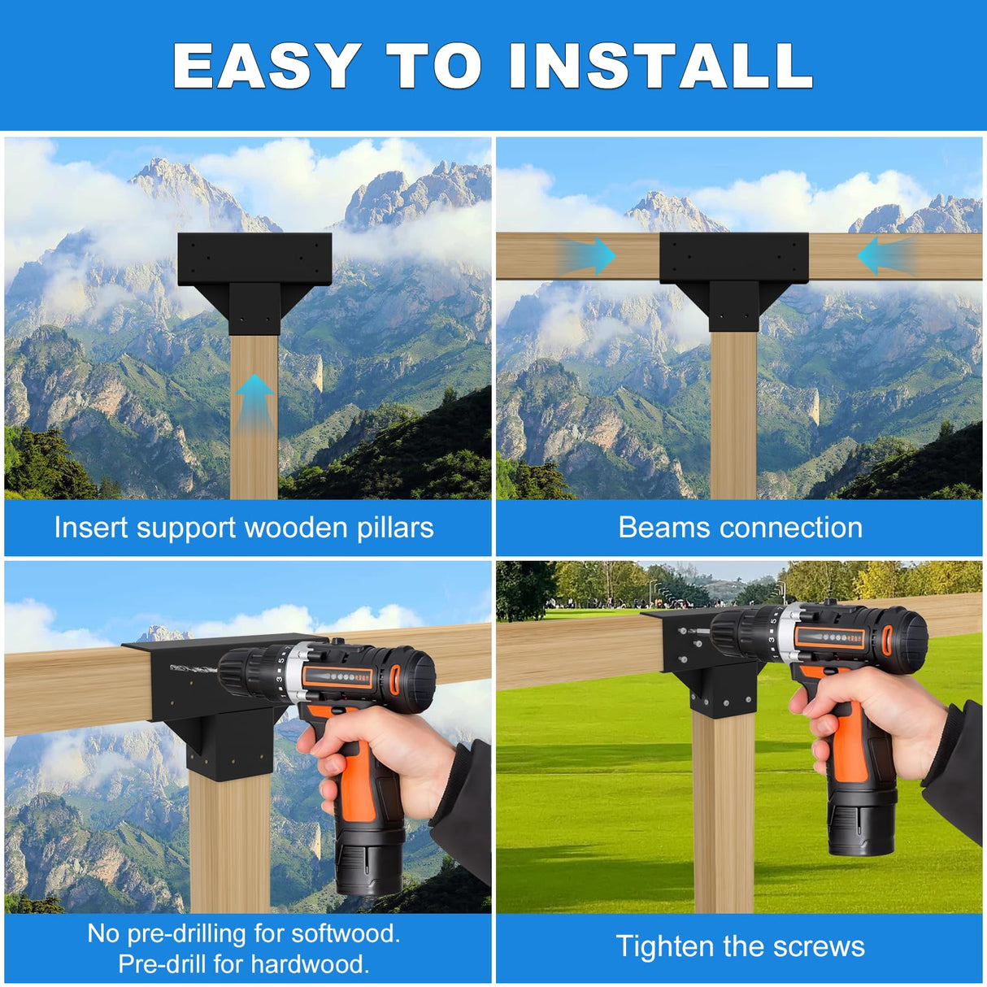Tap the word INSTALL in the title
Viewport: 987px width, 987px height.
pos(661,65)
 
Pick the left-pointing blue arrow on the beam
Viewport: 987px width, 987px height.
pos(886,255)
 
